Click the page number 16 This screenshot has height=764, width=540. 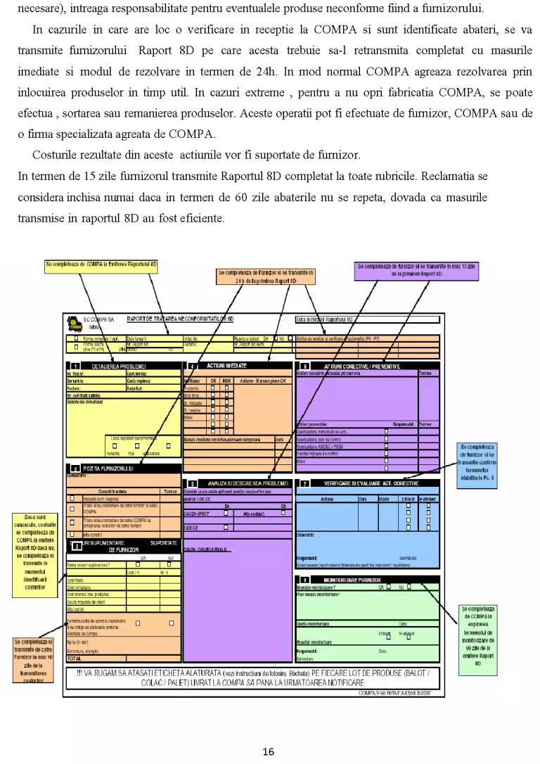[268, 751]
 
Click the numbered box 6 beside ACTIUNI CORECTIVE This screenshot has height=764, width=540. [304, 367]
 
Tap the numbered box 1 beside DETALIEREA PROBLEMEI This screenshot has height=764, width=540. [75, 367]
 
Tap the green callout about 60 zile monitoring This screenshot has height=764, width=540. [478, 635]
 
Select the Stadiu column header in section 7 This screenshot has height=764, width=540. [383, 499]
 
